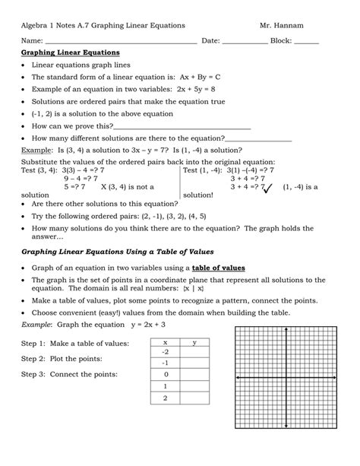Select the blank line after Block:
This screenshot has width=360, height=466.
pyautogui.click(x=305, y=41)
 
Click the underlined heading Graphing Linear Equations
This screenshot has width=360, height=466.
pyautogui.click(x=70, y=53)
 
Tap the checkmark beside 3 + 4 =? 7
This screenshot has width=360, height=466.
pyautogui.click(x=267, y=187)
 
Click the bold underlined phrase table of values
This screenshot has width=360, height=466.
pyautogui.click(x=218, y=268)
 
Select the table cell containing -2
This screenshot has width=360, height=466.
pyautogui.click(x=166, y=352)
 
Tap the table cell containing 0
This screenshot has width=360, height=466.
pyautogui.click(x=166, y=374)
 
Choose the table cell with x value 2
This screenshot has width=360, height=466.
pyautogui.click(x=166, y=398)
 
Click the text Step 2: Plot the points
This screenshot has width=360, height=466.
pyautogui.click(x=72, y=358)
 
